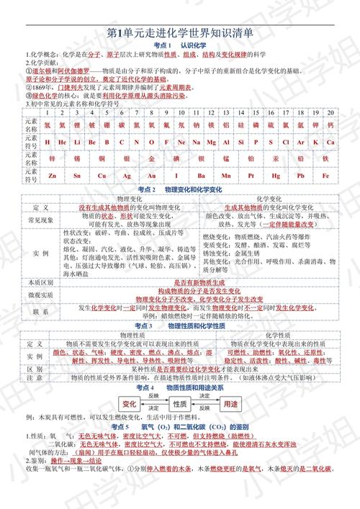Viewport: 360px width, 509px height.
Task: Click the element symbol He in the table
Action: (61, 143)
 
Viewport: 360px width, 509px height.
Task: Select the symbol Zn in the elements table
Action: (53, 175)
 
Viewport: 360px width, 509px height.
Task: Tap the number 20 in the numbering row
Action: (330, 113)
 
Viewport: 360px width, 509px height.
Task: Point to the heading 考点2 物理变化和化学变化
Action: (180, 188)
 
